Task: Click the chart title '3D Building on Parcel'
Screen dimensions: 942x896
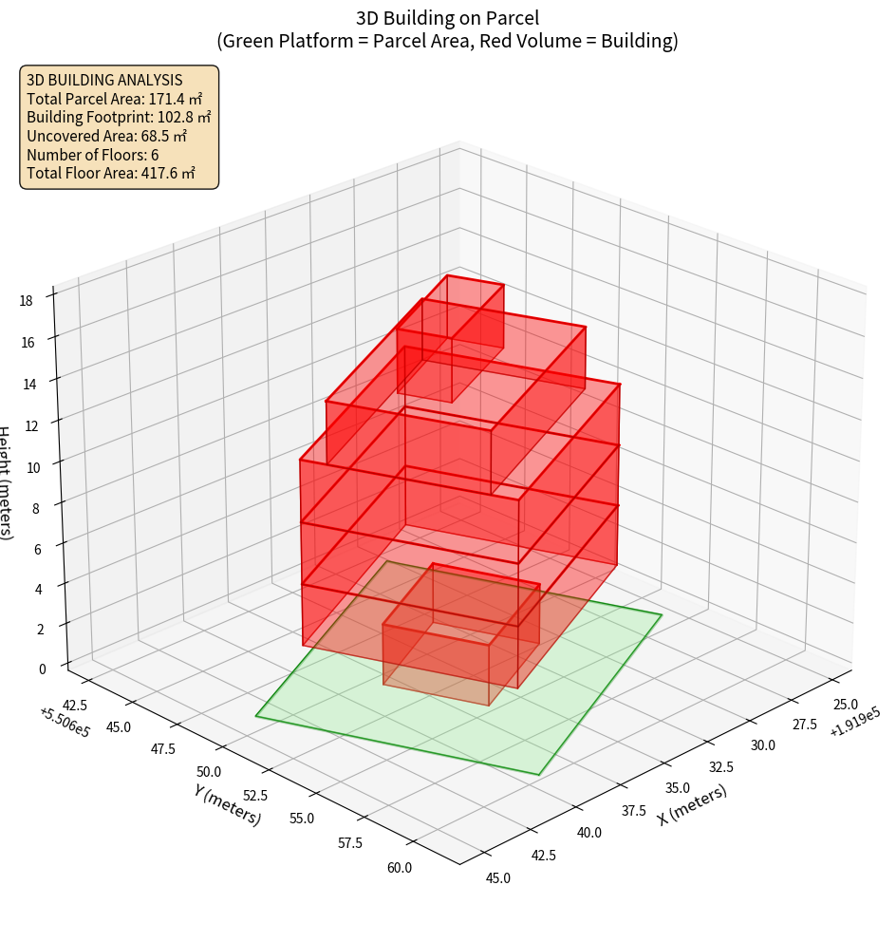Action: (x=447, y=17)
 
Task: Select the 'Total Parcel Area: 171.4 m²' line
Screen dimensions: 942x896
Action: (x=115, y=99)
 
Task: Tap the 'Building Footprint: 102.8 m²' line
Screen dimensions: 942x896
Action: (x=119, y=117)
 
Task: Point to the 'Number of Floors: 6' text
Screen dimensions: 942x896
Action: (x=93, y=155)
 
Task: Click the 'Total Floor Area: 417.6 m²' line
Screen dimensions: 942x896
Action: (x=111, y=173)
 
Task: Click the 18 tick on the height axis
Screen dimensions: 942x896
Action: (x=26, y=301)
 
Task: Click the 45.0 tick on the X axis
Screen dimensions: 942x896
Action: (x=497, y=878)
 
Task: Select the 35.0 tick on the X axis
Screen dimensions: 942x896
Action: (x=678, y=788)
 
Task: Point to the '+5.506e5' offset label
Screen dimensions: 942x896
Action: (x=65, y=723)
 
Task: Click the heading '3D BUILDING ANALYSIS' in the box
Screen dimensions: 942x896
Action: (x=104, y=80)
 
